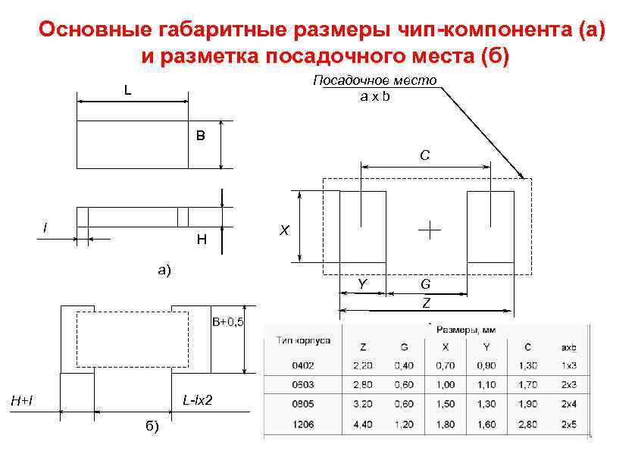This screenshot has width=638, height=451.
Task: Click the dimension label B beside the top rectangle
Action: tap(200, 136)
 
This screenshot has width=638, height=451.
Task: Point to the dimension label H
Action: tap(201, 240)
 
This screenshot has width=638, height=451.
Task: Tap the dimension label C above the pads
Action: tap(425, 155)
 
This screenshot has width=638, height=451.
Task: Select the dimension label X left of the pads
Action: tap(283, 230)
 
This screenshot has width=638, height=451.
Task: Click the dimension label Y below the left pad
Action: tap(363, 284)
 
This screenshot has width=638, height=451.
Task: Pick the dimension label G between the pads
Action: tap(426, 284)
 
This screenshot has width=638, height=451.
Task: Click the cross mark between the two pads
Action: tap(429, 230)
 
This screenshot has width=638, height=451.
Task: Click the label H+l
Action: tap(20, 399)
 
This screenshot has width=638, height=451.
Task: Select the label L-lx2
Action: tap(198, 399)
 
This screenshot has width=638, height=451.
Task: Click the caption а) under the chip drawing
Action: tap(164, 269)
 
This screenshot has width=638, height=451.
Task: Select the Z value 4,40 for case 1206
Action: tap(363, 424)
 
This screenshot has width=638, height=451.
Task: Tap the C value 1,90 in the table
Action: tap(527, 404)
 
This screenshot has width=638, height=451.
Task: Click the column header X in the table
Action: tap(445, 346)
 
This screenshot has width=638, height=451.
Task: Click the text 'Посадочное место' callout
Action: tap(375, 81)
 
